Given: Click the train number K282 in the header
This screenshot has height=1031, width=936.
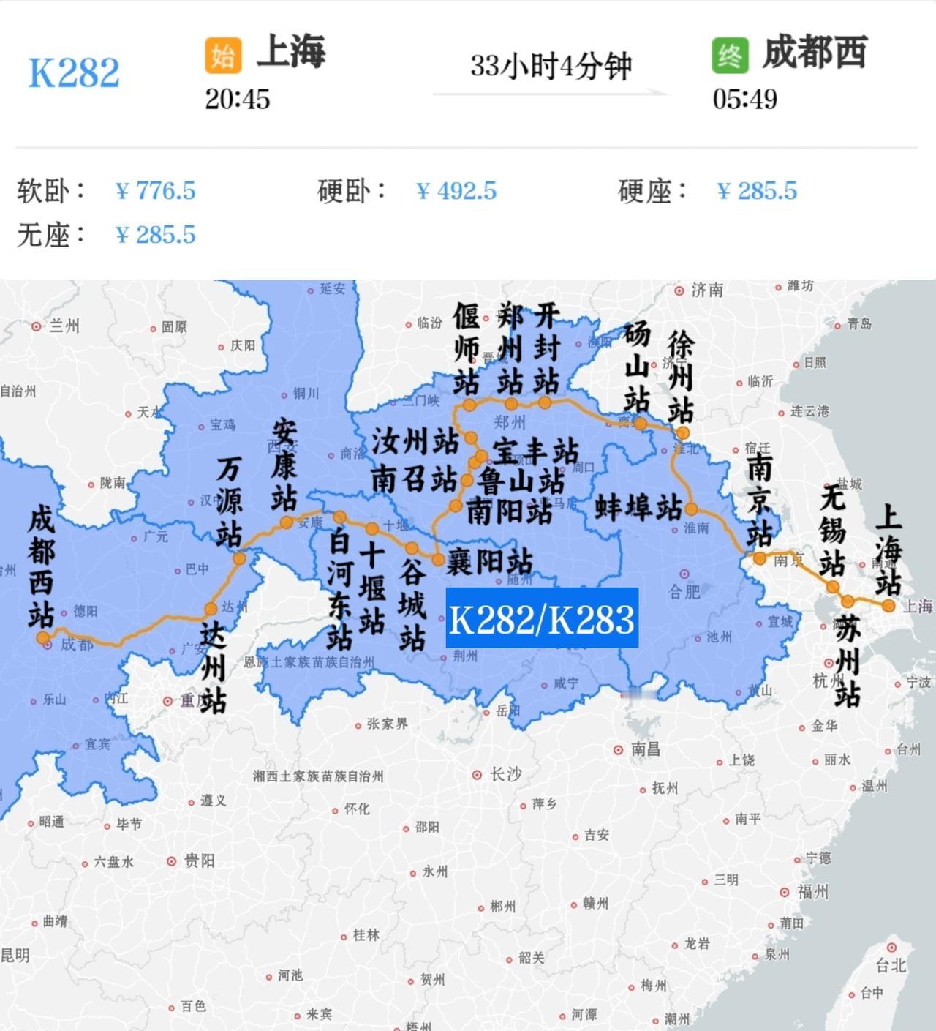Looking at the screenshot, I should point(74,72).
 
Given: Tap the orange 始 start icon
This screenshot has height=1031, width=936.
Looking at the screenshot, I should point(223,56).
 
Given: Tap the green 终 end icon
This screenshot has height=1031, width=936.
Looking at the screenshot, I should point(730,56).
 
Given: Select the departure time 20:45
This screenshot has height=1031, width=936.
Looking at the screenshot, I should point(237,99).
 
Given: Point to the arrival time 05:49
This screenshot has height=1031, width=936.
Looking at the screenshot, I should point(744,99).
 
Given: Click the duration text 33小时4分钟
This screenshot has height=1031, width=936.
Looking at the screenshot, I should point(551,66).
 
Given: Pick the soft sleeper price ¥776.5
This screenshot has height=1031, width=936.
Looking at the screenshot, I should point(156,191).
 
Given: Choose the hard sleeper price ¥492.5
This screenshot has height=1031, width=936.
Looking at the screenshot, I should point(456,191).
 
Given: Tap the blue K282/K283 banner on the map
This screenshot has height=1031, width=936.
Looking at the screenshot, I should point(542,618).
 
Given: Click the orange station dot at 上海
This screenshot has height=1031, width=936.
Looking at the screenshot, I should point(888,606).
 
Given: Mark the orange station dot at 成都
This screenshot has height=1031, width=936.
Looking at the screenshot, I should point(43,637).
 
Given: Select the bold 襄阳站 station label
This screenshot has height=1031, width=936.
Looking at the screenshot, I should point(490,562).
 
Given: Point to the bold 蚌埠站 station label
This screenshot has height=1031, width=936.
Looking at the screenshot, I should point(638,506).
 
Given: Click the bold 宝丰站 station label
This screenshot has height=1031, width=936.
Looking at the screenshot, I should point(535,451).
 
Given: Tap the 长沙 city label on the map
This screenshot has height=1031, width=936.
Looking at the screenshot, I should point(505,773).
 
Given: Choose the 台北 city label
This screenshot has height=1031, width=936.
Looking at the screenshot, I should point(891,965).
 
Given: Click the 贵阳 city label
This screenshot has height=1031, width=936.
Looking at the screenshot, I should point(199,861).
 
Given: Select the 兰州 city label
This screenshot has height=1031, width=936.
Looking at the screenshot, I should point(64,326).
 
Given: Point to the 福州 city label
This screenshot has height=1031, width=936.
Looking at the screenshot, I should point(812,891).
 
